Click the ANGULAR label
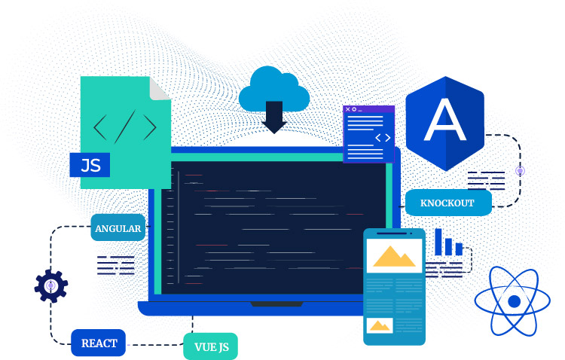118,227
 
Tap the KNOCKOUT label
448,203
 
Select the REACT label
98,343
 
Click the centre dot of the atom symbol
515,301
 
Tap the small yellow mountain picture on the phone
380,325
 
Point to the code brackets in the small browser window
383,137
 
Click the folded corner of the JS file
160,88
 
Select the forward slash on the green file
125,125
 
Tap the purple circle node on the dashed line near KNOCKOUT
520,171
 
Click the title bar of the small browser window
369,109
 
